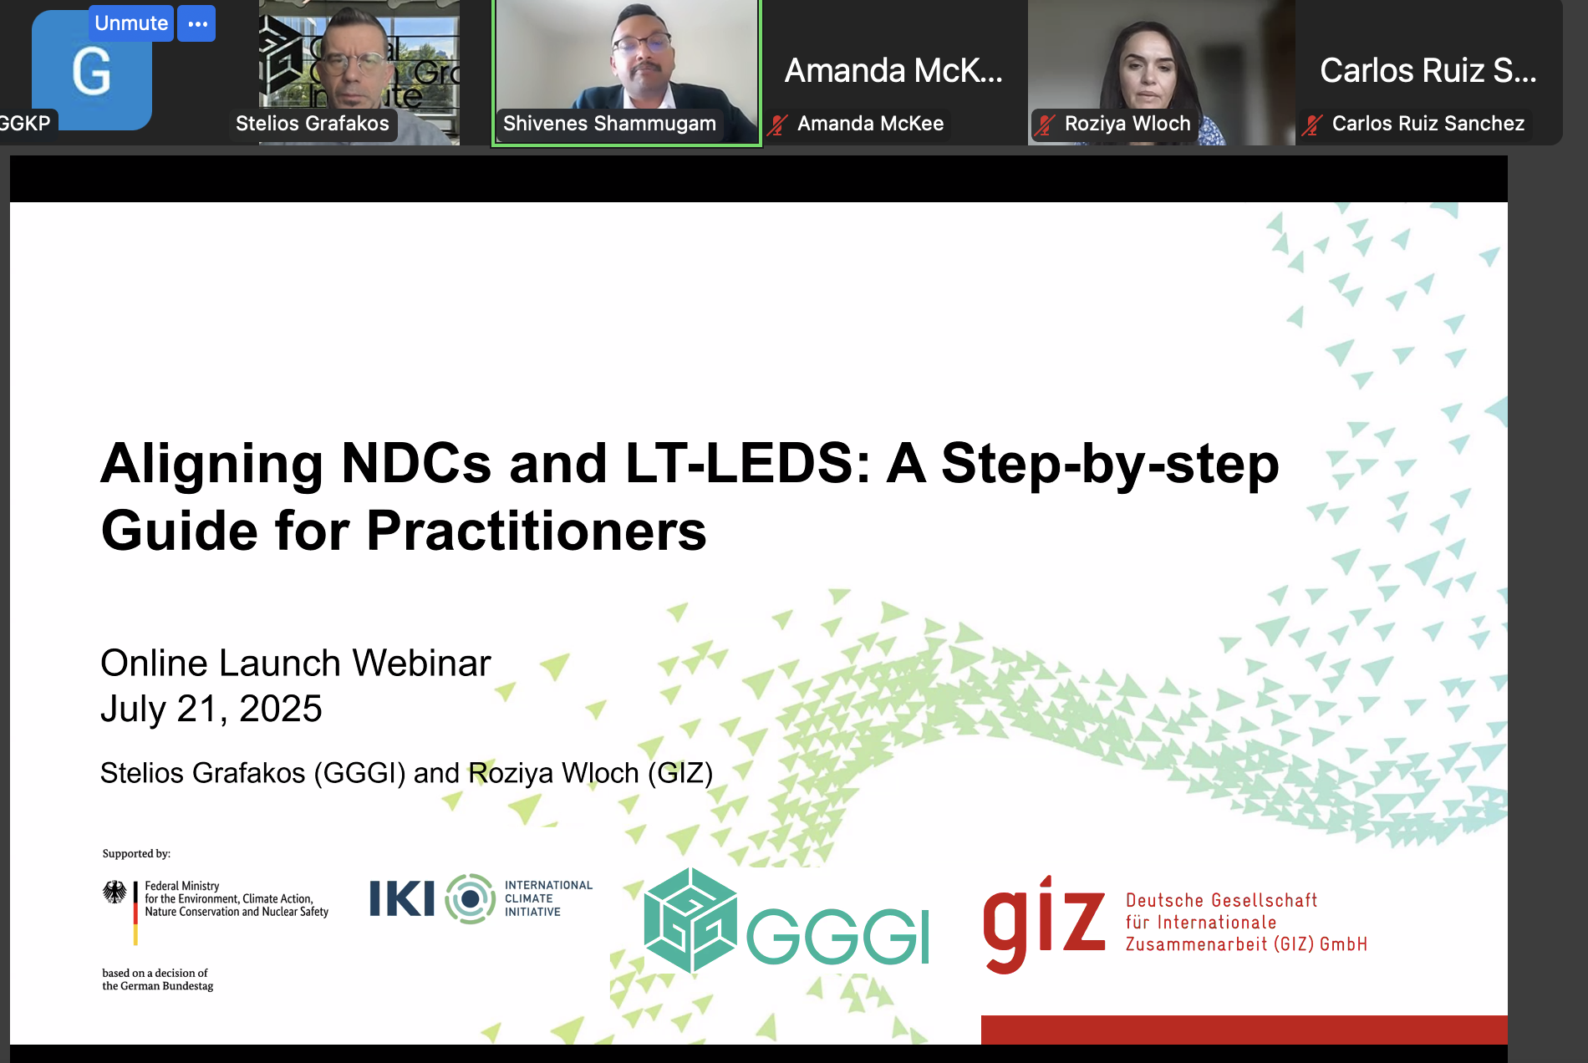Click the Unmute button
[x=131, y=23]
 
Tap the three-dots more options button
[x=197, y=23]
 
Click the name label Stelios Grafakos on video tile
[x=313, y=124]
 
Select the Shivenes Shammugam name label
[x=609, y=124]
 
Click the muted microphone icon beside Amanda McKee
[x=778, y=125]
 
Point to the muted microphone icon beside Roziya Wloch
[x=1045, y=125]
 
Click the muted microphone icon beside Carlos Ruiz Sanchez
[x=1312, y=125]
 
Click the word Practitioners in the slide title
[x=537, y=531]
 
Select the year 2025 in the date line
[x=281, y=709]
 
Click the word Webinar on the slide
[x=421, y=663]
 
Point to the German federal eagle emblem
[x=115, y=892]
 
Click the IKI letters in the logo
[x=402, y=898]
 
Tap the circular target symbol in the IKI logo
[x=471, y=898]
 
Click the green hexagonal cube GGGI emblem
[x=690, y=920]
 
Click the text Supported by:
[x=136, y=853]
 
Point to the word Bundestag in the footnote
[x=186, y=986]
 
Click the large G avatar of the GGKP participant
[x=92, y=71]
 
